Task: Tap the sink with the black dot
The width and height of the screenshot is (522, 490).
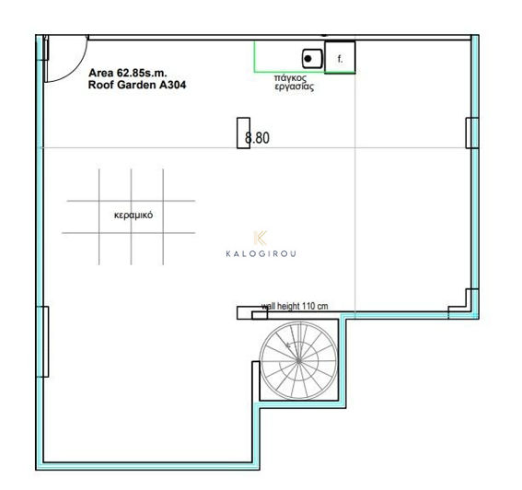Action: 310,57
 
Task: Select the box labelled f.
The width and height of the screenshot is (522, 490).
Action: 340,57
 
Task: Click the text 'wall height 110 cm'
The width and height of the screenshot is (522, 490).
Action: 295,308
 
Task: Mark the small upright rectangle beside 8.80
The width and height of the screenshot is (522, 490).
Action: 243,133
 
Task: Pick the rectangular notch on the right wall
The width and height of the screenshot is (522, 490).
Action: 471,133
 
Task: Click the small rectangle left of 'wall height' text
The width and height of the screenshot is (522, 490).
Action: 246,313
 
